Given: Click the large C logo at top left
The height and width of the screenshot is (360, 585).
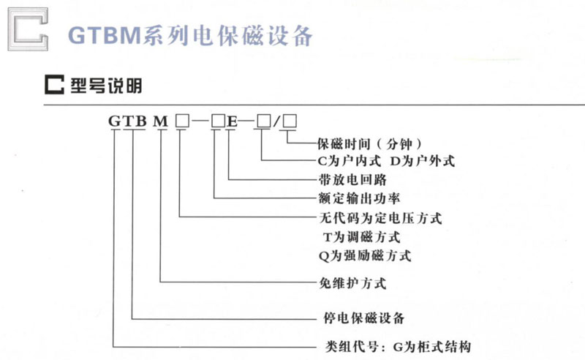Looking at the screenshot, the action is pyautogui.click(x=12, y=29).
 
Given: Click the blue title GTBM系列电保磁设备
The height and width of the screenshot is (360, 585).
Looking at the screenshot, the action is pyautogui.click(x=190, y=37).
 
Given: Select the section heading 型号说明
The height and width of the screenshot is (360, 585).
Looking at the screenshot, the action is pyautogui.click(x=106, y=85).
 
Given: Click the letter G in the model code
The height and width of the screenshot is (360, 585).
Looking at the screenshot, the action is pyautogui.click(x=115, y=121).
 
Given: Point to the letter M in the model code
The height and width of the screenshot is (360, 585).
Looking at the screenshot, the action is pyautogui.click(x=161, y=121).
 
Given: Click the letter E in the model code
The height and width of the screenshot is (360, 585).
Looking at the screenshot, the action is pyautogui.click(x=232, y=121).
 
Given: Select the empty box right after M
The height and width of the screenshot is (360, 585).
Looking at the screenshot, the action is pyautogui.click(x=182, y=121).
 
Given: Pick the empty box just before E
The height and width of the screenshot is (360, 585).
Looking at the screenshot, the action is pyautogui.click(x=218, y=121).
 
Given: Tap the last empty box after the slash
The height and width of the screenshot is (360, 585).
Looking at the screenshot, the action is pyautogui.click(x=290, y=121).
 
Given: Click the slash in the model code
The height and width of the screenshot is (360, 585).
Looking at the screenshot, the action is pyautogui.click(x=276, y=121).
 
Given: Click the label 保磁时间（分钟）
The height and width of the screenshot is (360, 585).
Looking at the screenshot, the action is pyautogui.click(x=369, y=143).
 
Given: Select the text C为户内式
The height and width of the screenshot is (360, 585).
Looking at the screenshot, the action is pyautogui.click(x=350, y=161).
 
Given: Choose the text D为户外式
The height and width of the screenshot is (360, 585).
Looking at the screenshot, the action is pyautogui.click(x=423, y=161).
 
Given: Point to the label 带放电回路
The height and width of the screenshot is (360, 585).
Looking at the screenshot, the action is pyautogui.click(x=352, y=179).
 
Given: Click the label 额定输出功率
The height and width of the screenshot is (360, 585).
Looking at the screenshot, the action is pyautogui.click(x=359, y=198).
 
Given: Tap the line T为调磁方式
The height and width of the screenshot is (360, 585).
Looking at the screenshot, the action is pyautogui.click(x=362, y=237).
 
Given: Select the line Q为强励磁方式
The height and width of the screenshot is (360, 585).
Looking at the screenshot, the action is pyautogui.click(x=365, y=256).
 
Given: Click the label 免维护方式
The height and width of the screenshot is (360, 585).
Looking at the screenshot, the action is pyautogui.click(x=352, y=283).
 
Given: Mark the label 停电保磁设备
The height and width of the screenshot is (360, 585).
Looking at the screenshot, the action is pyautogui.click(x=363, y=318).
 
